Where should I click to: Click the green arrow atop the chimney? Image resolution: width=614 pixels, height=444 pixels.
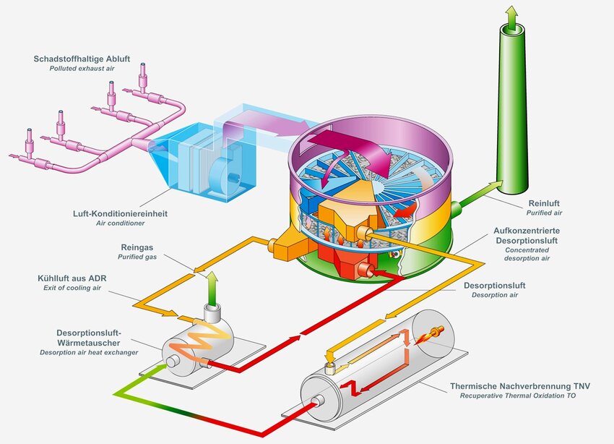click(x=511, y=16)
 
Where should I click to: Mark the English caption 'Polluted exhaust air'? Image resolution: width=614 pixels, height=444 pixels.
click(x=84, y=69)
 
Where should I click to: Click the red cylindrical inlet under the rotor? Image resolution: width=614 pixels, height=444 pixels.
click(x=367, y=270)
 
